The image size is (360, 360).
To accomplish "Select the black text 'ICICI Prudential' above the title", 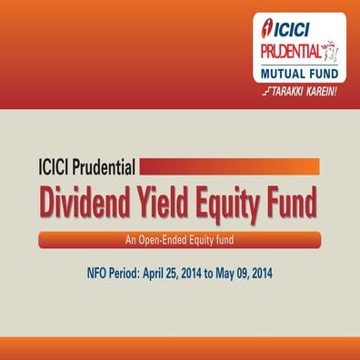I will point(87,167).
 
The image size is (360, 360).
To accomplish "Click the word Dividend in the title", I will point(94,202).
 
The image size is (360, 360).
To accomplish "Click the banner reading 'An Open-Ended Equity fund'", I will point(180,240).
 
